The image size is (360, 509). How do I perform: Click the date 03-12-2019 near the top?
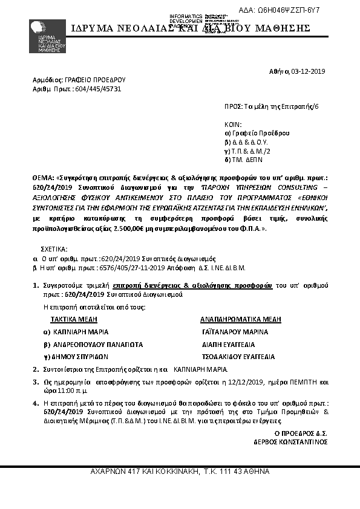point(309,71)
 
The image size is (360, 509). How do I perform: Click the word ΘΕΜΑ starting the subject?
point(42,179)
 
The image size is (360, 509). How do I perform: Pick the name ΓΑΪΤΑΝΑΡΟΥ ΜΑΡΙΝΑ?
point(235,332)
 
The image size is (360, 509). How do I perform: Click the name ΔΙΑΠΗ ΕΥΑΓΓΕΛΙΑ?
point(229,344)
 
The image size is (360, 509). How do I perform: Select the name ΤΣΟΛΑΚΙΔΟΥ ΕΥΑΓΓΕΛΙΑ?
point(238,357)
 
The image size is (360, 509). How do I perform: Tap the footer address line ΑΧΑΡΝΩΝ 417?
point(180,471)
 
